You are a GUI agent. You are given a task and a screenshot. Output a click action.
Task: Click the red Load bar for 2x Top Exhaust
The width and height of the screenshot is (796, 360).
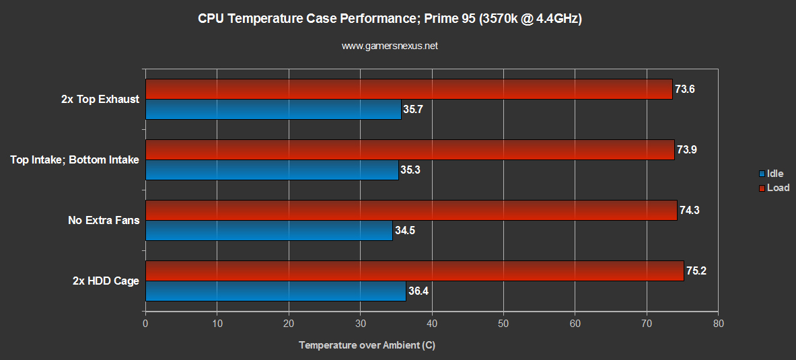408,89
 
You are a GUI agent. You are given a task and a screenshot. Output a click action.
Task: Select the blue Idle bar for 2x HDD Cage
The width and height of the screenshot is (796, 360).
275,291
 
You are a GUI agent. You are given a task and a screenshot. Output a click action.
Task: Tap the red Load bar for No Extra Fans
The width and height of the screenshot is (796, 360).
411,210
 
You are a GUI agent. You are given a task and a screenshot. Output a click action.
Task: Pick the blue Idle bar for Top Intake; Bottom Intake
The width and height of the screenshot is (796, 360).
272,170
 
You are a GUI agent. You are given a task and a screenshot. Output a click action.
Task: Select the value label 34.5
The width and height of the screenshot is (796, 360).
406,231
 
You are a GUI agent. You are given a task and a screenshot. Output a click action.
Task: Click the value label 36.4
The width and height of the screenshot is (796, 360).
419,291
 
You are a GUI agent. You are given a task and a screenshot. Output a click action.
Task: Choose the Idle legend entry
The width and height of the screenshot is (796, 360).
774,174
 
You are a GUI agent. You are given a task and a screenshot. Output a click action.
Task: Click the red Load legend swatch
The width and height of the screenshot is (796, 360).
762,188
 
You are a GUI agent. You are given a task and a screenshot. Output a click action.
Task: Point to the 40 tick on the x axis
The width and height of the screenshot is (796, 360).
432,324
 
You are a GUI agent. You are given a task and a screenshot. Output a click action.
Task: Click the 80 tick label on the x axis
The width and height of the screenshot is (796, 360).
718,324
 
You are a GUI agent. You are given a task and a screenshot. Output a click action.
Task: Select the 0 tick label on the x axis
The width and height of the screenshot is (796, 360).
146,324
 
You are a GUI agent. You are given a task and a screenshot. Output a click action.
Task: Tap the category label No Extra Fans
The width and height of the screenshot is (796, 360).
103,220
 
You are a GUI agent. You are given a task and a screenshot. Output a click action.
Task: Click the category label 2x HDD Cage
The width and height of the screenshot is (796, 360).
106,281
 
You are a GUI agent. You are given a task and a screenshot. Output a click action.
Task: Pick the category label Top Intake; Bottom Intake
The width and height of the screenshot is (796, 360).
75,159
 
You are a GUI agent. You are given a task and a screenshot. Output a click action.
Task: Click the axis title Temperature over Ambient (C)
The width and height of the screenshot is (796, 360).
367,345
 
